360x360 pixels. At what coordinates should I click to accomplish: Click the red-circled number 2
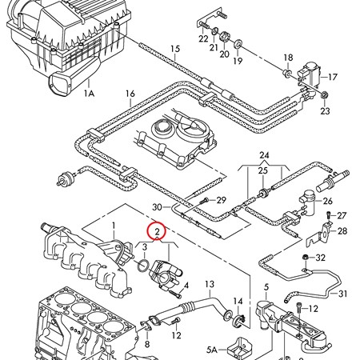coord(158,233)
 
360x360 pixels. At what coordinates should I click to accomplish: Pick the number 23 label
coord(325,111)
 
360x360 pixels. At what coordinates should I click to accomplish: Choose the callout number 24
coord(264,155)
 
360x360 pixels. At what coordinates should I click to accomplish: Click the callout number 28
coord(342,231)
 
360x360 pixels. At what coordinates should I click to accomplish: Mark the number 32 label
coord(321,258)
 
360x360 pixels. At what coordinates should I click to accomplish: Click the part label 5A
coord(211,350)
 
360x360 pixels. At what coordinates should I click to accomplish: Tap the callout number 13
coord(210,283)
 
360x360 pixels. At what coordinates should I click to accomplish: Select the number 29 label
coord(222,199)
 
